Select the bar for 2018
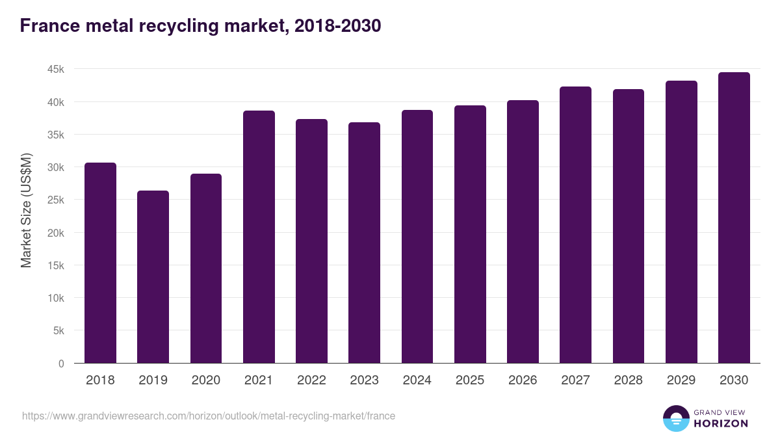[100, 263]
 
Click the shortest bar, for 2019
[153, 277]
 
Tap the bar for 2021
[259, 237]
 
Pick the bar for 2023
[364, 243]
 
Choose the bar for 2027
[575, 225]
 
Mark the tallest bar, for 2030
[734, 218]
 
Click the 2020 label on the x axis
[206, 380]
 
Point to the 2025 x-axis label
[470, 380]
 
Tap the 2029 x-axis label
[681, 380]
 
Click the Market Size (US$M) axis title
[26, 210]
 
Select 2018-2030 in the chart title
[337, 26]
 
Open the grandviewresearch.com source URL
[208, 416]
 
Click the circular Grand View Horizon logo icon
[675, 418]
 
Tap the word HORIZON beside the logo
[721, 423]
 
